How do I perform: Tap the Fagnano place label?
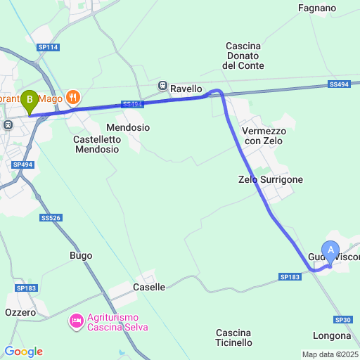(317, 8)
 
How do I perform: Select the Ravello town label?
(186, 89)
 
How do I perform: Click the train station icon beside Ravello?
(163, 86)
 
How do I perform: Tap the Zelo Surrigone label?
(271, 179)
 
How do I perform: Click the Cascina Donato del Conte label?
(243, 56)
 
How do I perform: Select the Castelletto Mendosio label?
(97, 144)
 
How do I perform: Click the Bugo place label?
(81, 255)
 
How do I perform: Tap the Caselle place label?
(149, 287)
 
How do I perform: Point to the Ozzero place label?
(20, 311)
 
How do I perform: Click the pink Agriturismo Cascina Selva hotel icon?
(76, 321)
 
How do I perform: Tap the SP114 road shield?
(48, 47)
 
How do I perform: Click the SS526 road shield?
(51, 218)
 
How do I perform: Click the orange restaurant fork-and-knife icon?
(72, 96)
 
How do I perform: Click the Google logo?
(23, 352)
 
